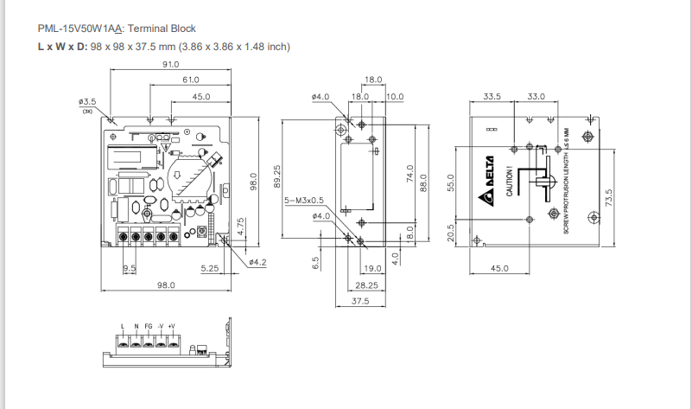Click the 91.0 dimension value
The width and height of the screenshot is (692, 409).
click(169, 64)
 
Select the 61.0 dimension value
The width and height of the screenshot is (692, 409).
click(190, 80)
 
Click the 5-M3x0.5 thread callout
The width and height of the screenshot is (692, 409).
click(304, 201)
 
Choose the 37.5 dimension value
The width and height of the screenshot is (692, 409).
click(360, 301)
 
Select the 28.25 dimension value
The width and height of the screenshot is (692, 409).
click(367, 284)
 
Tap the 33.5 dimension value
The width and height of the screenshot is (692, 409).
click(492, 96)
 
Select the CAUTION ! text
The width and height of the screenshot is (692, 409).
click(510, 181)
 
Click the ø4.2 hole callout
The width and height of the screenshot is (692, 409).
click(257, 261)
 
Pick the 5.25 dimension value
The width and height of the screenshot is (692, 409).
click(209, 268)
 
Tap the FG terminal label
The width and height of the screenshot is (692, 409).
click(149, 326)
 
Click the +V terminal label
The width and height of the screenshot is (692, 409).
click(172, 326)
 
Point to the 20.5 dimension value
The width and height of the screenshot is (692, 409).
click(451, 233)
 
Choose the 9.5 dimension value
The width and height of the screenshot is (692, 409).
click(129, 268)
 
